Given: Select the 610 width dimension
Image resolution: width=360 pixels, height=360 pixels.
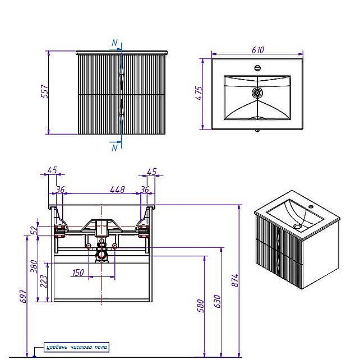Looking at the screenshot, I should pyautogui.click(x=257, y=50).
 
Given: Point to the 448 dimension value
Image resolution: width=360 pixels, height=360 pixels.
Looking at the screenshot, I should pyautogui.click(x=117, y=190).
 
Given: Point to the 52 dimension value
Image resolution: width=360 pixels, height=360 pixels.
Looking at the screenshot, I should pyautogui.click(x=34, y=230).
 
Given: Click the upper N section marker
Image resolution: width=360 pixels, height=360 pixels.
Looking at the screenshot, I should pyautogui.click(x=114, y=43).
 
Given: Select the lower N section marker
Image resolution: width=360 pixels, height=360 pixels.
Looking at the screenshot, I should pyautogui.click(x=114, y=147).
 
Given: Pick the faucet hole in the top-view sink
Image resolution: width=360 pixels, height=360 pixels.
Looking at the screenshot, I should pyautogui.click(x=257, y=68).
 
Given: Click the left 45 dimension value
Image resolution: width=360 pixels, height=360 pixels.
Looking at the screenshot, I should pyautogui.click(x=52, y=171).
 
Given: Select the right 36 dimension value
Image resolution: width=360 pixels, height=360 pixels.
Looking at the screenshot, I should pyautogui.click(x=145, y=190).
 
